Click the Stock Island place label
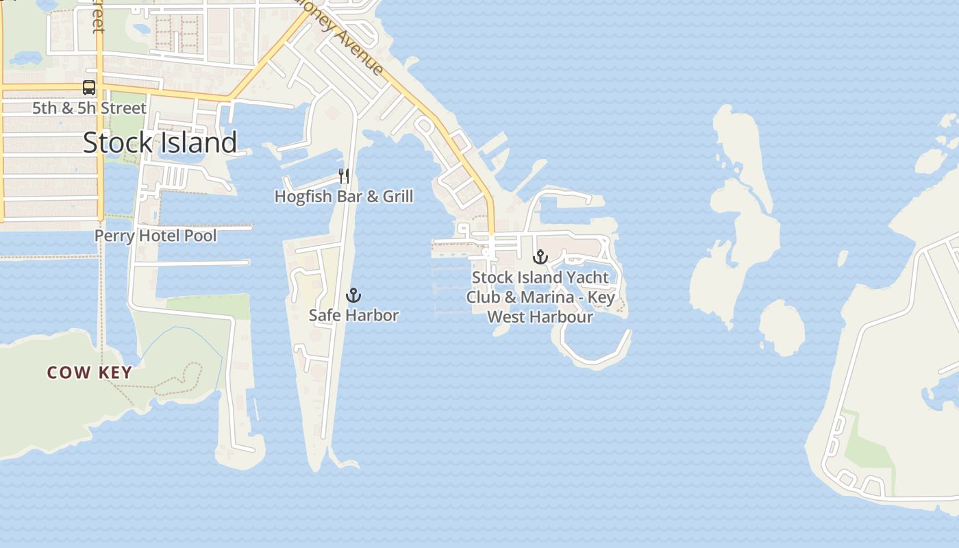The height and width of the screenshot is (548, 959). pos(160,142)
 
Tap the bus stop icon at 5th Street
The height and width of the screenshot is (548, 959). pos(89,88)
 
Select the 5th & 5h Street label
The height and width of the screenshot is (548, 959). pos(89,108)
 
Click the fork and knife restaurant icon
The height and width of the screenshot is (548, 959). pos(344,176)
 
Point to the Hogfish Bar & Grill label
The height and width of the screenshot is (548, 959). pos(344,197)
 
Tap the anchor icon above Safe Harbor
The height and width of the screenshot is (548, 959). pos(353,295)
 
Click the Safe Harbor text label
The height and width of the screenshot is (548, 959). pos(353,315)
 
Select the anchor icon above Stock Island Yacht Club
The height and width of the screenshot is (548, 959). pos(541,258)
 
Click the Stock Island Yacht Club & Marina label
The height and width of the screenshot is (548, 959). pos(540,297)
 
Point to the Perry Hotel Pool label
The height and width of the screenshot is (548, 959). pos(155,236)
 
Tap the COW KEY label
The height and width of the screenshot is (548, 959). pos(90,373)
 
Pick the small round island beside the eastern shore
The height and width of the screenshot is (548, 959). pos(782,327)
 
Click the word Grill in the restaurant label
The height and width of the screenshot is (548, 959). pos(398,197)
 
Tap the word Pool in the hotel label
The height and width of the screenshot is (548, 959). pos(201,236)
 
